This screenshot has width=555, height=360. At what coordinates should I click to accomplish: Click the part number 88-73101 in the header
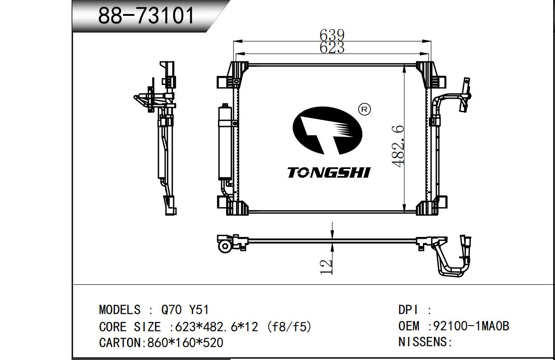tap(146, 16)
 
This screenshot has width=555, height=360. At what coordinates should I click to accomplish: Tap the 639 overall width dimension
tap(332, 35)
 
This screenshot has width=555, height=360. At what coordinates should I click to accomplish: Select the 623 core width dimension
tap(332, 47)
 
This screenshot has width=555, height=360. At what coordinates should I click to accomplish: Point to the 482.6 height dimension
tap(398, 146)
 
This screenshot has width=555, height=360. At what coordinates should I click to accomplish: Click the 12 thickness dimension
tap(326, 266)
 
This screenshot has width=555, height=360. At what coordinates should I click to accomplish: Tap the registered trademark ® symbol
tap(364, 109)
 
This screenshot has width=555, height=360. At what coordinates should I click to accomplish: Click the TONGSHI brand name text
tap(329, 172)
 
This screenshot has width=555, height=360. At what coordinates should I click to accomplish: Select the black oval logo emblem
tap(327, 130)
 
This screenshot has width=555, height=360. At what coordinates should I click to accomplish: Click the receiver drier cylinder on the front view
tap(225, 142)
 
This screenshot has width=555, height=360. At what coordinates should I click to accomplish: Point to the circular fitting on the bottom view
tap(225, 246)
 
